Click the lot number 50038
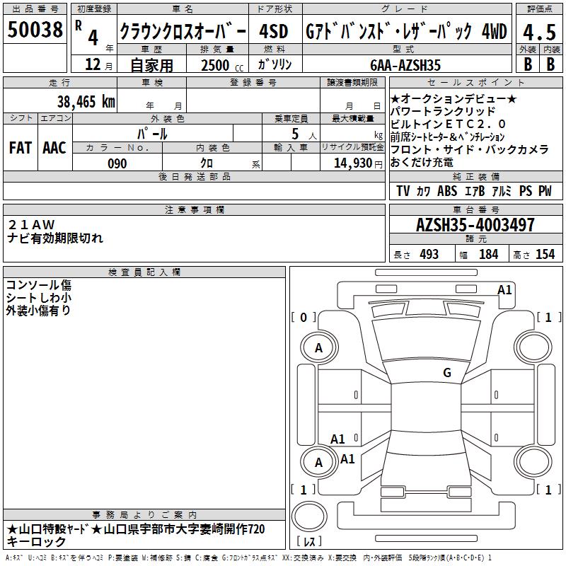click(35, 30)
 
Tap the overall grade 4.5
click(539, 33)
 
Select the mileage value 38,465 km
click(86, 101)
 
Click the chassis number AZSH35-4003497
click(475, 225)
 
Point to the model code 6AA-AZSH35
click(405, 65)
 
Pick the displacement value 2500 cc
click(222, 65)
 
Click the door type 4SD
click(274, 31)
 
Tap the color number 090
click(117, 163)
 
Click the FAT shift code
click(21, 148)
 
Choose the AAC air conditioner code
click(54, 148)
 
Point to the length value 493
click(429, 254)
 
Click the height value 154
click(545, 254)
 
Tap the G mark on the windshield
click(447, 373)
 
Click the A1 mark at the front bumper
click(504, 290)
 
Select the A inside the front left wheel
click(318, 348)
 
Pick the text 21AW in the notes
click(31, 224)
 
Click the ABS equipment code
click(447, 191)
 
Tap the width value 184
click(488, 254)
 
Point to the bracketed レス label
click(309, 541)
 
